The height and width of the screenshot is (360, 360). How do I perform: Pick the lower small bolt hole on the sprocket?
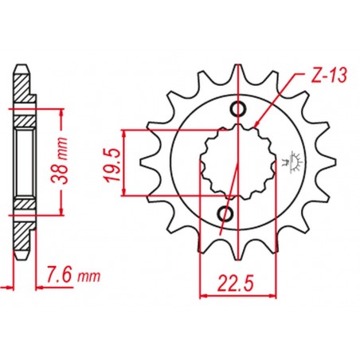(226, 213)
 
